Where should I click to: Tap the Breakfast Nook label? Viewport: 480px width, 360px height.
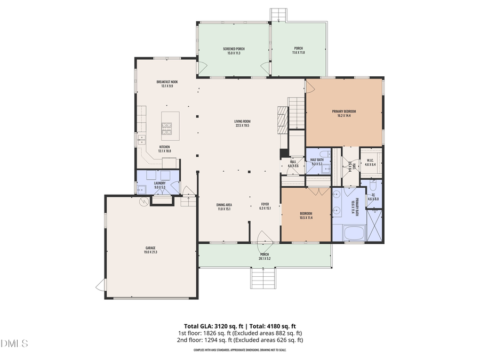pyautogui.click(x=167, y=82)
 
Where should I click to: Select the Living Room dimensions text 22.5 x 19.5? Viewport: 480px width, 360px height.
pyautogui.click(x=242, y=126)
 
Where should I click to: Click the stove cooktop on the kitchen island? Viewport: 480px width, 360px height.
pyautogui.click(x=167, y=128)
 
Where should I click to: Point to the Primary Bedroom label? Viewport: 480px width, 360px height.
pyautogui.click(x=344, y=111)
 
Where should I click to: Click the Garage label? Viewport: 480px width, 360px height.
pyautogui.click(x=150, y=248)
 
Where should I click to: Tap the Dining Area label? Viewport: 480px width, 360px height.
pyautogui.click(x=224, y=205)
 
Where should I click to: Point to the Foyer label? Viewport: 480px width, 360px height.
pyautogui.click(x=265, y=205)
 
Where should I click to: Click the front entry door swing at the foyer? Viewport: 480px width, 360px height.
pyautogui.click(x=265, y=238)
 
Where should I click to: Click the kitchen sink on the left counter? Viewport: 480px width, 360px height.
pyautogui.click(x=141, y=140)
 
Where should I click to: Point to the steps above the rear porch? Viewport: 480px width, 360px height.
pyautogui.click(x=278, y=14)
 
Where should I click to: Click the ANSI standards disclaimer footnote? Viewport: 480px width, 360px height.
pyautogui.click(x=240, y=350)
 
